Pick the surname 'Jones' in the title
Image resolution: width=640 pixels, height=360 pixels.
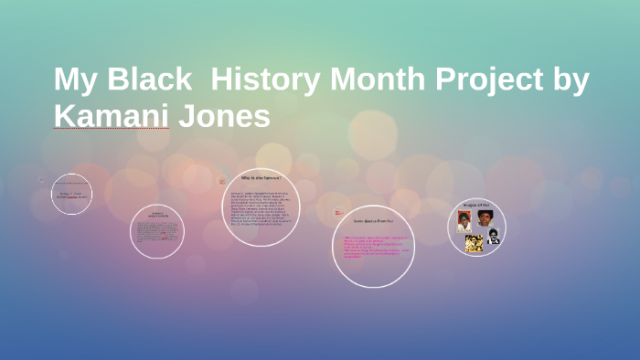click(224, 116)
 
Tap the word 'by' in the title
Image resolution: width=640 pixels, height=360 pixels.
click(569, 79)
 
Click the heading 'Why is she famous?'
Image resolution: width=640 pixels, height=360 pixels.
click(261, 177)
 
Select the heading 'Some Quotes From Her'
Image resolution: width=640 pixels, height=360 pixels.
click(372, 221)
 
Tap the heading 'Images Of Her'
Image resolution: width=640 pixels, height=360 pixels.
click(477, 205)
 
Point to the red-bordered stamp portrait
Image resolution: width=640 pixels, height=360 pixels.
click(464, 222)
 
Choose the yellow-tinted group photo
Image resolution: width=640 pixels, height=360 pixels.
click(473, 242)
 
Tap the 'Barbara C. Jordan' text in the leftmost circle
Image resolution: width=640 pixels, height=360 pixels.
click(71, 195)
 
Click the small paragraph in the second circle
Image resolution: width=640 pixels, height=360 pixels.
click(156, 232)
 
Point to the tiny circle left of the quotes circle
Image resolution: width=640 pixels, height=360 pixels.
click(338, 214)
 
